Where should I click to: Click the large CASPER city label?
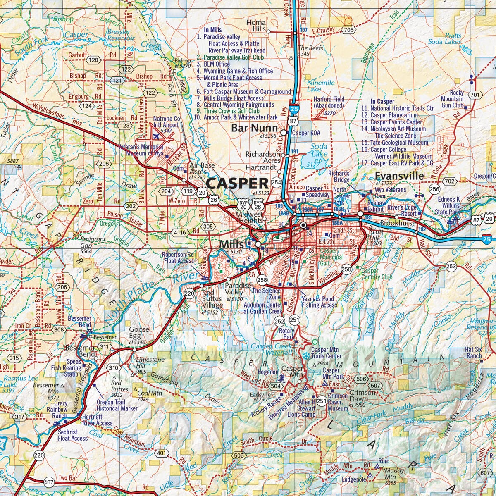click(237, 183)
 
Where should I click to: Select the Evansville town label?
click(400, 176)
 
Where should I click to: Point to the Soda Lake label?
click(319, 150)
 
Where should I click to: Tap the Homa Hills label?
click(256, 26)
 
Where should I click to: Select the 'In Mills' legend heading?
click(212, 30)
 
